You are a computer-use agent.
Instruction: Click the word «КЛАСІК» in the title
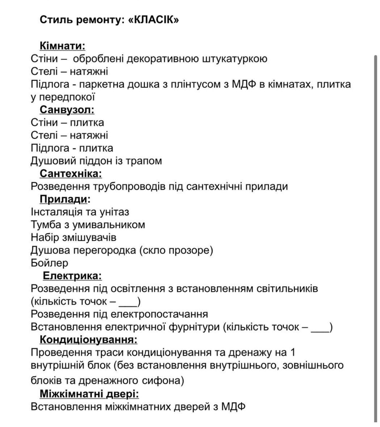click(154, 20)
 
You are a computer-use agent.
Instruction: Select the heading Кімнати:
click(62, 46)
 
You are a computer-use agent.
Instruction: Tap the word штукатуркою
click(235, 59)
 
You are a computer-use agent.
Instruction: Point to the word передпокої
click(67, 97)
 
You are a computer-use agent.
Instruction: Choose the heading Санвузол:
click(67, 110)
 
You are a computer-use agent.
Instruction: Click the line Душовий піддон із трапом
click(96, 161)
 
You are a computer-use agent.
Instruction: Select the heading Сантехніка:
click(71, 174)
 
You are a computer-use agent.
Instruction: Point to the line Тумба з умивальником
click(88, 225)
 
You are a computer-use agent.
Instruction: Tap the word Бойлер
click(49, 263)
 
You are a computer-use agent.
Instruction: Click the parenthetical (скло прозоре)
click(176, 250)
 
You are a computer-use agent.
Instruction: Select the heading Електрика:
click(72, 276)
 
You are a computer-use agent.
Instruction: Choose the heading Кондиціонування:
click(88, 340)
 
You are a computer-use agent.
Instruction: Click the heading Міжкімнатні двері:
click(89, 394)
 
